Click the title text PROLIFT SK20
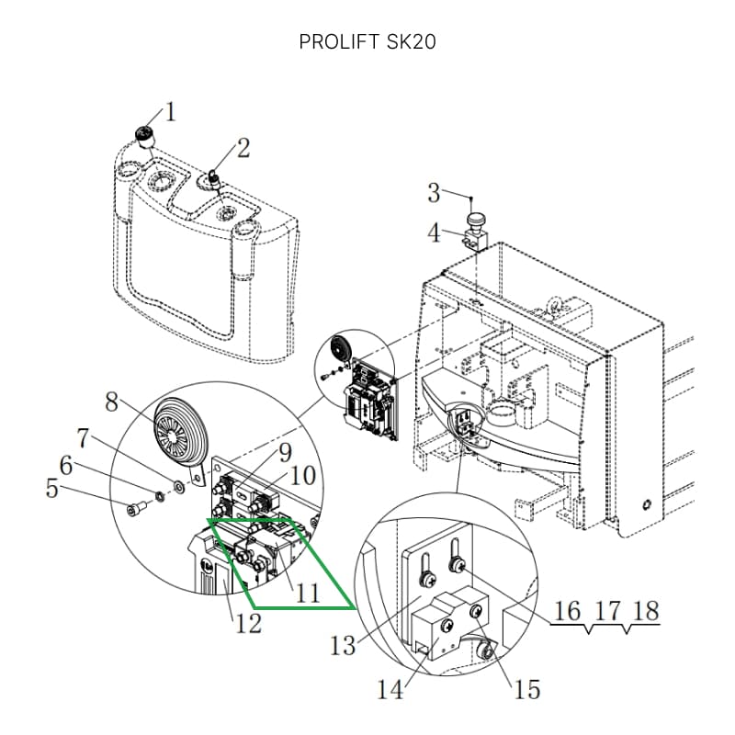367,41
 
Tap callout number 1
170,112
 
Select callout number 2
243,148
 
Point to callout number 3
434,193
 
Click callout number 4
435,232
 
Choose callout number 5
52,489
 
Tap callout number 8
111,402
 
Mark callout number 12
248,624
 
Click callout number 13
343,646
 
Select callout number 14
390,690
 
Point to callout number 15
527,690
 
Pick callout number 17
607,611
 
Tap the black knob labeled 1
145,133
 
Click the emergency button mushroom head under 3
475,220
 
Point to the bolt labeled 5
136,508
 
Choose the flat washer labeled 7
178,486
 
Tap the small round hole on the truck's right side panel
647,504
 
